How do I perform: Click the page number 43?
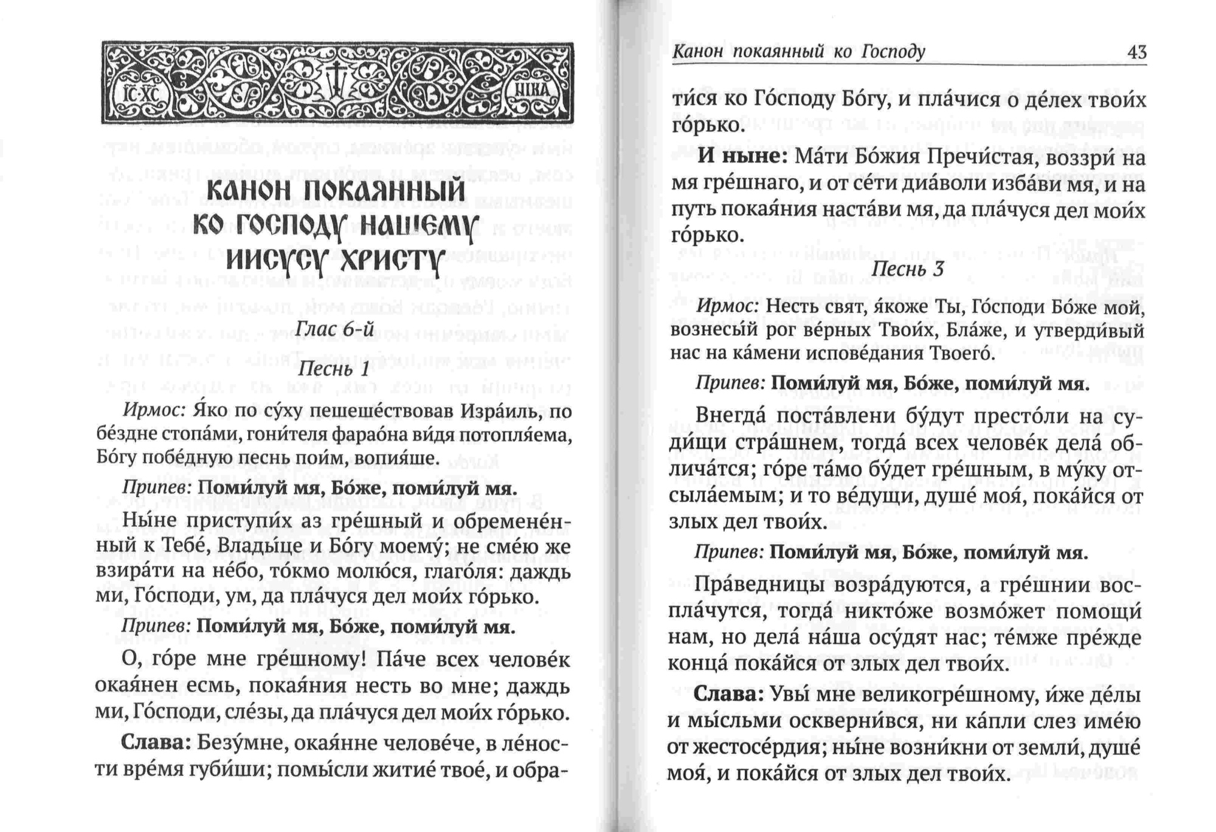(1136, 52)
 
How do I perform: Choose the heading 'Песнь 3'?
(908, 269)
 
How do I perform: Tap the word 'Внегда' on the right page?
(730, 416)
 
